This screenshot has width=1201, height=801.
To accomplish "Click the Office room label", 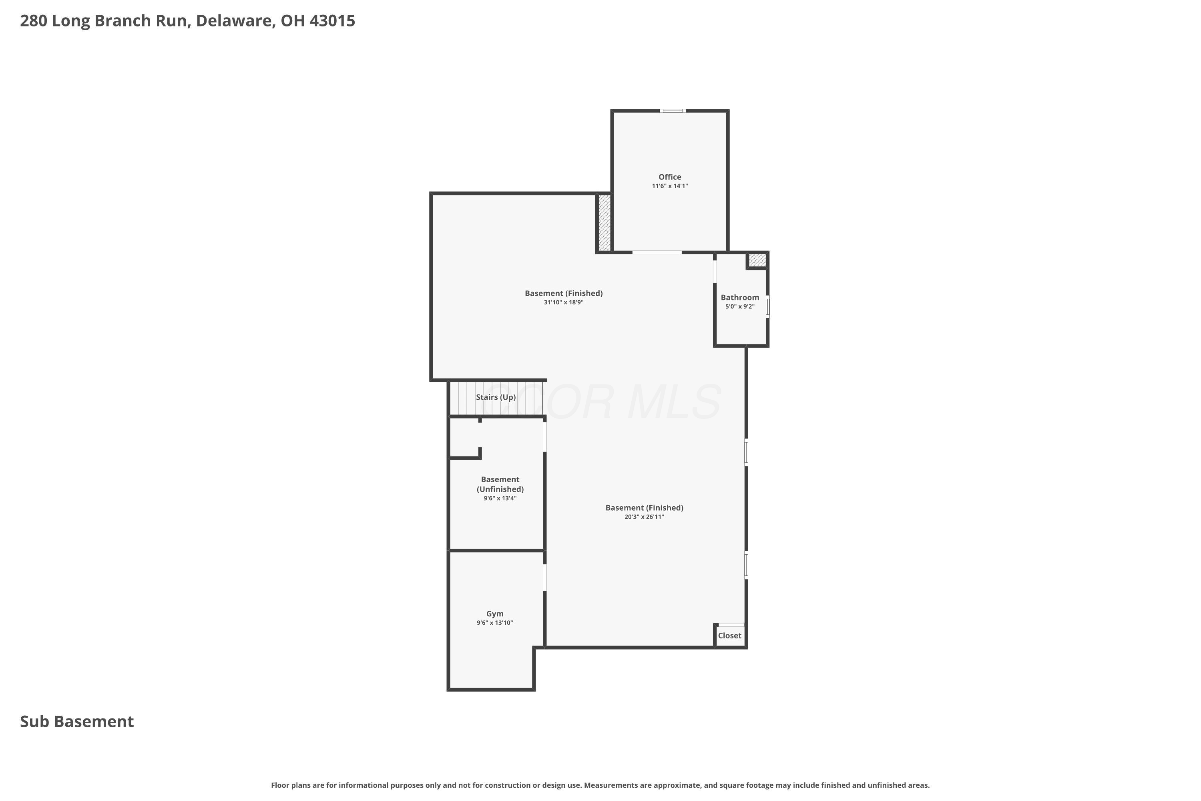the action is (x=669, y=177).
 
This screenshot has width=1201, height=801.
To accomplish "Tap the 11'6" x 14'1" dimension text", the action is (x=669, y=186).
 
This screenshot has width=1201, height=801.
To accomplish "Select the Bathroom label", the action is (x=740, y=297).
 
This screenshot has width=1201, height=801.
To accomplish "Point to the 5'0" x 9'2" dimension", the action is (x=740, y=306).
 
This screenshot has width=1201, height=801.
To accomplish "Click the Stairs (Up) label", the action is (x=496, y=397).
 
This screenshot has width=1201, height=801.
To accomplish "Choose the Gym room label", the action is (x=495, y=614).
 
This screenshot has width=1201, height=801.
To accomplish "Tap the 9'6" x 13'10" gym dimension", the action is (x=495, y=623).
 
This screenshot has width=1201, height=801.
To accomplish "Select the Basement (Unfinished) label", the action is (x=500, y=484).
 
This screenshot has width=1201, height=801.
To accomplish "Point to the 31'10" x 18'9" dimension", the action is (x=564, y=302).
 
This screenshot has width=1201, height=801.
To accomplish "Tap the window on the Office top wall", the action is (x=673, y=111).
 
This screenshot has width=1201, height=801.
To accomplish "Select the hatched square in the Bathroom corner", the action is (x=757, y=260).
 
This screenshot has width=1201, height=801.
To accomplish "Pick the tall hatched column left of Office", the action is (x=604, y=222).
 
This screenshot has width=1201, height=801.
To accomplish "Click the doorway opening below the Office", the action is (x=657, y=252).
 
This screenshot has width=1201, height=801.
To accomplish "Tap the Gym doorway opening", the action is (x=545, y=577).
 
